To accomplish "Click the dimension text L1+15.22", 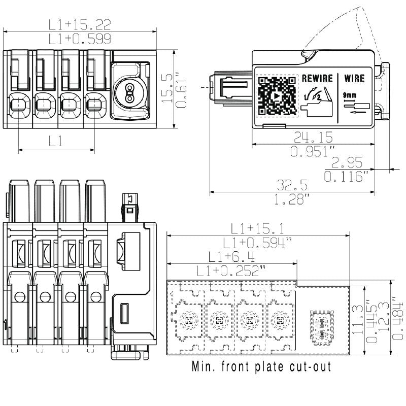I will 80,24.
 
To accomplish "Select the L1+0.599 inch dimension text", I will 80,39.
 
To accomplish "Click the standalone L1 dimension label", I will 56,142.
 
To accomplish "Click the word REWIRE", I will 317,79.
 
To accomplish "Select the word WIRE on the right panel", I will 354,79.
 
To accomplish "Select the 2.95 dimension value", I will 348,162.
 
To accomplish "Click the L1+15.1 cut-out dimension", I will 257,228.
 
